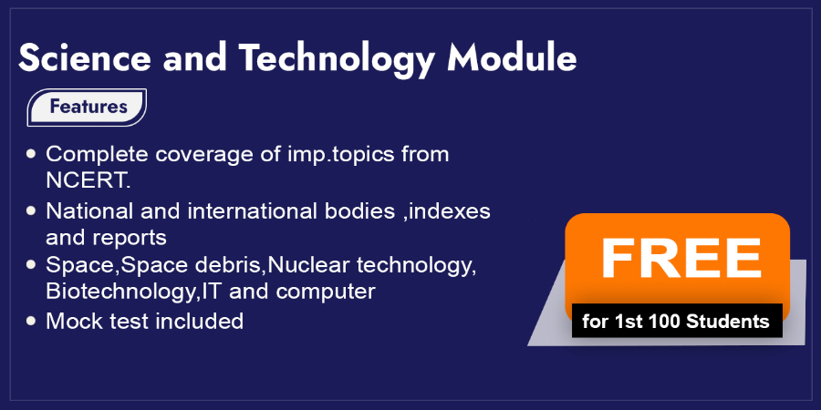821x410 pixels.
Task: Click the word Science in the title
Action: (x=85, y=57)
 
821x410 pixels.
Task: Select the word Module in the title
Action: (x=512, y=57)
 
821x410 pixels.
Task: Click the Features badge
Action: (x=87, y=108)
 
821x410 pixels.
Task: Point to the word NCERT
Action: (x=88, y=180)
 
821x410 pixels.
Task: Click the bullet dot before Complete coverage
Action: (x=31, y=154)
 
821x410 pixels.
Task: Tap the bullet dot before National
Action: (x=31, y=210)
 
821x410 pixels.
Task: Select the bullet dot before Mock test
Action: (x=31, y=320)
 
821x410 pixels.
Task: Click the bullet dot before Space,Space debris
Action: (x=31, y=264)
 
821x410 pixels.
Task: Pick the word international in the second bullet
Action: (x=252, y=211)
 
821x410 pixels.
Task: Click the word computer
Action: (x=326, y=292)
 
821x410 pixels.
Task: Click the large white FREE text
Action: (x=681, y=259)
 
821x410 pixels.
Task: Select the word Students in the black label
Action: (x=727, y=321)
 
